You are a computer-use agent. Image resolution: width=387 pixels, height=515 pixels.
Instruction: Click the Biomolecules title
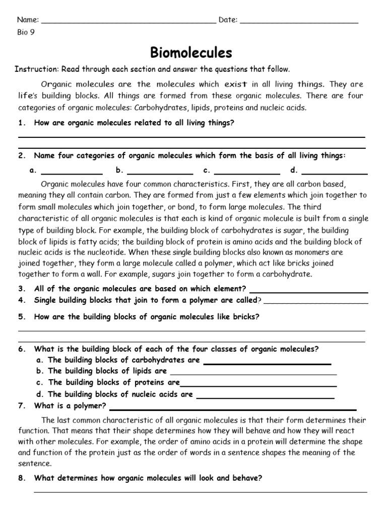(x=191, y=52)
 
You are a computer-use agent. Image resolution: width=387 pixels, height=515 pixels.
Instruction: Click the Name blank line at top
(x=128, y=23)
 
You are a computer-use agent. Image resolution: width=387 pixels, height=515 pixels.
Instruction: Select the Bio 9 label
(x=26, y=33)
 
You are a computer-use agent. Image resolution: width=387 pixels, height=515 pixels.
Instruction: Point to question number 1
(x=22, y=123)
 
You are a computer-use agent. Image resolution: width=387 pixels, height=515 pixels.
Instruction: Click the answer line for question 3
(x=308, y=291)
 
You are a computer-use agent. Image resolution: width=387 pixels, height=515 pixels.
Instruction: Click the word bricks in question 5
(x=245, y=317)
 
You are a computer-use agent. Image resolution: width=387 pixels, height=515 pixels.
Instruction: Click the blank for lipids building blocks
(x=253, y=374)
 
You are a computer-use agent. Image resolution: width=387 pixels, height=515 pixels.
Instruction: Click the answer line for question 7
(x=232, y=408)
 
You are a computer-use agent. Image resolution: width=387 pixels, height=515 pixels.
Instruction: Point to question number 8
(x=22, y=479)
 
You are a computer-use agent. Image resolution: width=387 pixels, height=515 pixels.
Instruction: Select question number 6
(x=22, y=349)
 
